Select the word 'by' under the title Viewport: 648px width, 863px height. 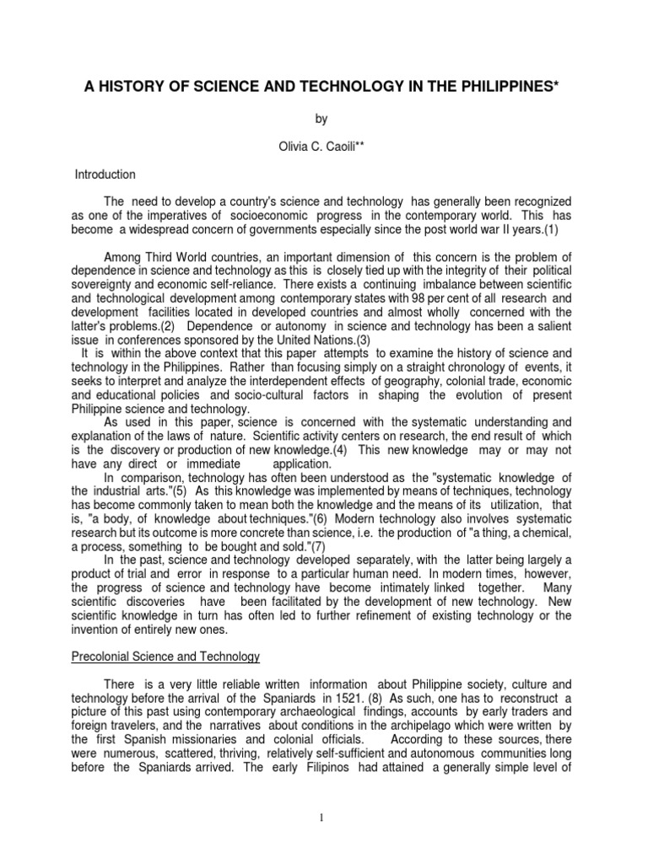[x=323, y=121]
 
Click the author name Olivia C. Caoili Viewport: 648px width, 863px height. [x=323, y=147]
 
